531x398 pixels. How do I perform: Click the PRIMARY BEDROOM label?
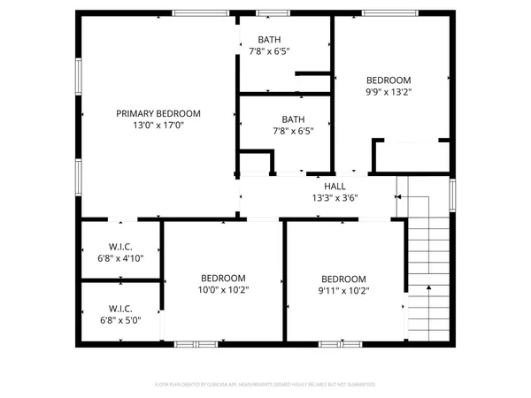point(159,113)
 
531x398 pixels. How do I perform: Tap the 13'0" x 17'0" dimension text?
point(159,126)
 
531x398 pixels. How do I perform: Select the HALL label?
point(335,186)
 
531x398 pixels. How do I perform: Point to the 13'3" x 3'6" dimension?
point(335,198)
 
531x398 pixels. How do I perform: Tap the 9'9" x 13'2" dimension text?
point(389,91)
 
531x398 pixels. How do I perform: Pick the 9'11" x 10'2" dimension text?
point(343,290)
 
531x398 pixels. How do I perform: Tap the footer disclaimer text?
point(265,385)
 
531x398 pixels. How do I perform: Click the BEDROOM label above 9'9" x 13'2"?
point(389,80)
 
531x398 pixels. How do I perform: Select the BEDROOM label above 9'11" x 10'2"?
point(343,278)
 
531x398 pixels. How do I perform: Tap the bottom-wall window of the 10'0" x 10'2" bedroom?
point(196,343)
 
